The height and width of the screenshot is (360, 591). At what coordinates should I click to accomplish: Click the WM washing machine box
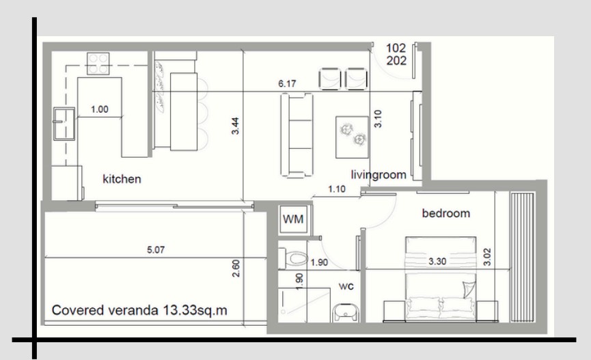pos(293,219)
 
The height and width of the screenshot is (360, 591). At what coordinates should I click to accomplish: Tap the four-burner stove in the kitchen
pos(98,64)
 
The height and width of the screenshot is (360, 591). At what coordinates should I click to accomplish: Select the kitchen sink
pos(64,124)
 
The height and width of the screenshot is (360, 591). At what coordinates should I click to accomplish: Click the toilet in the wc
pos(293,259)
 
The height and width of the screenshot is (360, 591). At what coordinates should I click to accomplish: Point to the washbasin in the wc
pos(346,313)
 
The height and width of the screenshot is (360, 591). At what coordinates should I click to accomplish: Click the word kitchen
pos(122,179)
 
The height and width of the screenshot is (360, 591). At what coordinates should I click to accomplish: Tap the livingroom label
pos(379,175)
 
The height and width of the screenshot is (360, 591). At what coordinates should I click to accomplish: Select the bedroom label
pos(446,213)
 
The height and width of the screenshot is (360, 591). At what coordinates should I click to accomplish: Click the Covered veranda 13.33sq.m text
pos(139,310)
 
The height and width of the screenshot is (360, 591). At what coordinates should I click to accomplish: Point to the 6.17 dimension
pos(287,84)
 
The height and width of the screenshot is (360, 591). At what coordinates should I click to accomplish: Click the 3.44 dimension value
pos(235,126)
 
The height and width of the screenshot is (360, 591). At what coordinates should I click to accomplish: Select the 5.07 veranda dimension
pos(156,249)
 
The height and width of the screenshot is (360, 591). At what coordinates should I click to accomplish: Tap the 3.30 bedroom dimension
pos(437,261)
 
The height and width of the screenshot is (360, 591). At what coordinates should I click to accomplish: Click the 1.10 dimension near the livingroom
pos(337,189)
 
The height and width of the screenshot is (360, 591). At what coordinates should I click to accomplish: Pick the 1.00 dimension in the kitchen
pos(100,109)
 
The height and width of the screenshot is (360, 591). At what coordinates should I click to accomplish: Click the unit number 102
pos(396,48)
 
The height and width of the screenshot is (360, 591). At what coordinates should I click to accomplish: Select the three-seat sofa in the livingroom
pos(297,135)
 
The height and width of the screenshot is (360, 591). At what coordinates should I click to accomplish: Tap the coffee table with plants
pos(352,137)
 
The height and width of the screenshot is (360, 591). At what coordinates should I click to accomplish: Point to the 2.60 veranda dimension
pos(236,268)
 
